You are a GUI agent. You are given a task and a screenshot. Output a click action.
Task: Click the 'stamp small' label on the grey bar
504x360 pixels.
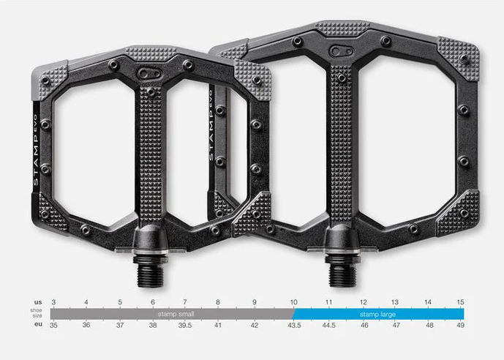176,314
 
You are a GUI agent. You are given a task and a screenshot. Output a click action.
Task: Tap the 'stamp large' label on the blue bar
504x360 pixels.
377,314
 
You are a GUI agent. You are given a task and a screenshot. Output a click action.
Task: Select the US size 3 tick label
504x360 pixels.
53,302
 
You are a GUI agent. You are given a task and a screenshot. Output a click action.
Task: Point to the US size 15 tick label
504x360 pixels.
460,302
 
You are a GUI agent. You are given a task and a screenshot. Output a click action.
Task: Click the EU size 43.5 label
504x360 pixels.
295,325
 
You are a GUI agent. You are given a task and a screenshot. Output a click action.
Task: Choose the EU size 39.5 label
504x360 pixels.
185,325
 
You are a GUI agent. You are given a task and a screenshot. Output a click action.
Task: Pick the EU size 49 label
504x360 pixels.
461,325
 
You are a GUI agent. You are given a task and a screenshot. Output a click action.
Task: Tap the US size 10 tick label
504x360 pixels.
294,302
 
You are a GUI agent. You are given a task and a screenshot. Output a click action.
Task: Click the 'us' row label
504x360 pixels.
38,302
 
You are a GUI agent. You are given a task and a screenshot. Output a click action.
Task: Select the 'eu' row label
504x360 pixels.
38,323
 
